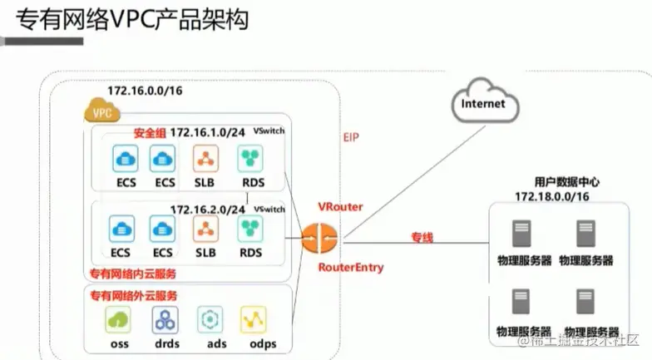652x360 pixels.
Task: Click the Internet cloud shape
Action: [x=484, y=102]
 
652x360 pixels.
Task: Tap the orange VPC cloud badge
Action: [x=102, y=111]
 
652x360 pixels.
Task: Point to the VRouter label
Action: [x=339, y=205]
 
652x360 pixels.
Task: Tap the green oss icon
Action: [x=118, y=319]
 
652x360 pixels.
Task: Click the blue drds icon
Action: [x=164, y=319]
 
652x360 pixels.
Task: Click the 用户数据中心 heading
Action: [x=566, y=181]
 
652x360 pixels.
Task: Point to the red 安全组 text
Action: [x=150, y=133]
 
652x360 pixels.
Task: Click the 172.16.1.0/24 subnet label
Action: [x=208, y=133]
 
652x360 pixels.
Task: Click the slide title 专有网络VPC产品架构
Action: [x=133, y=20]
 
